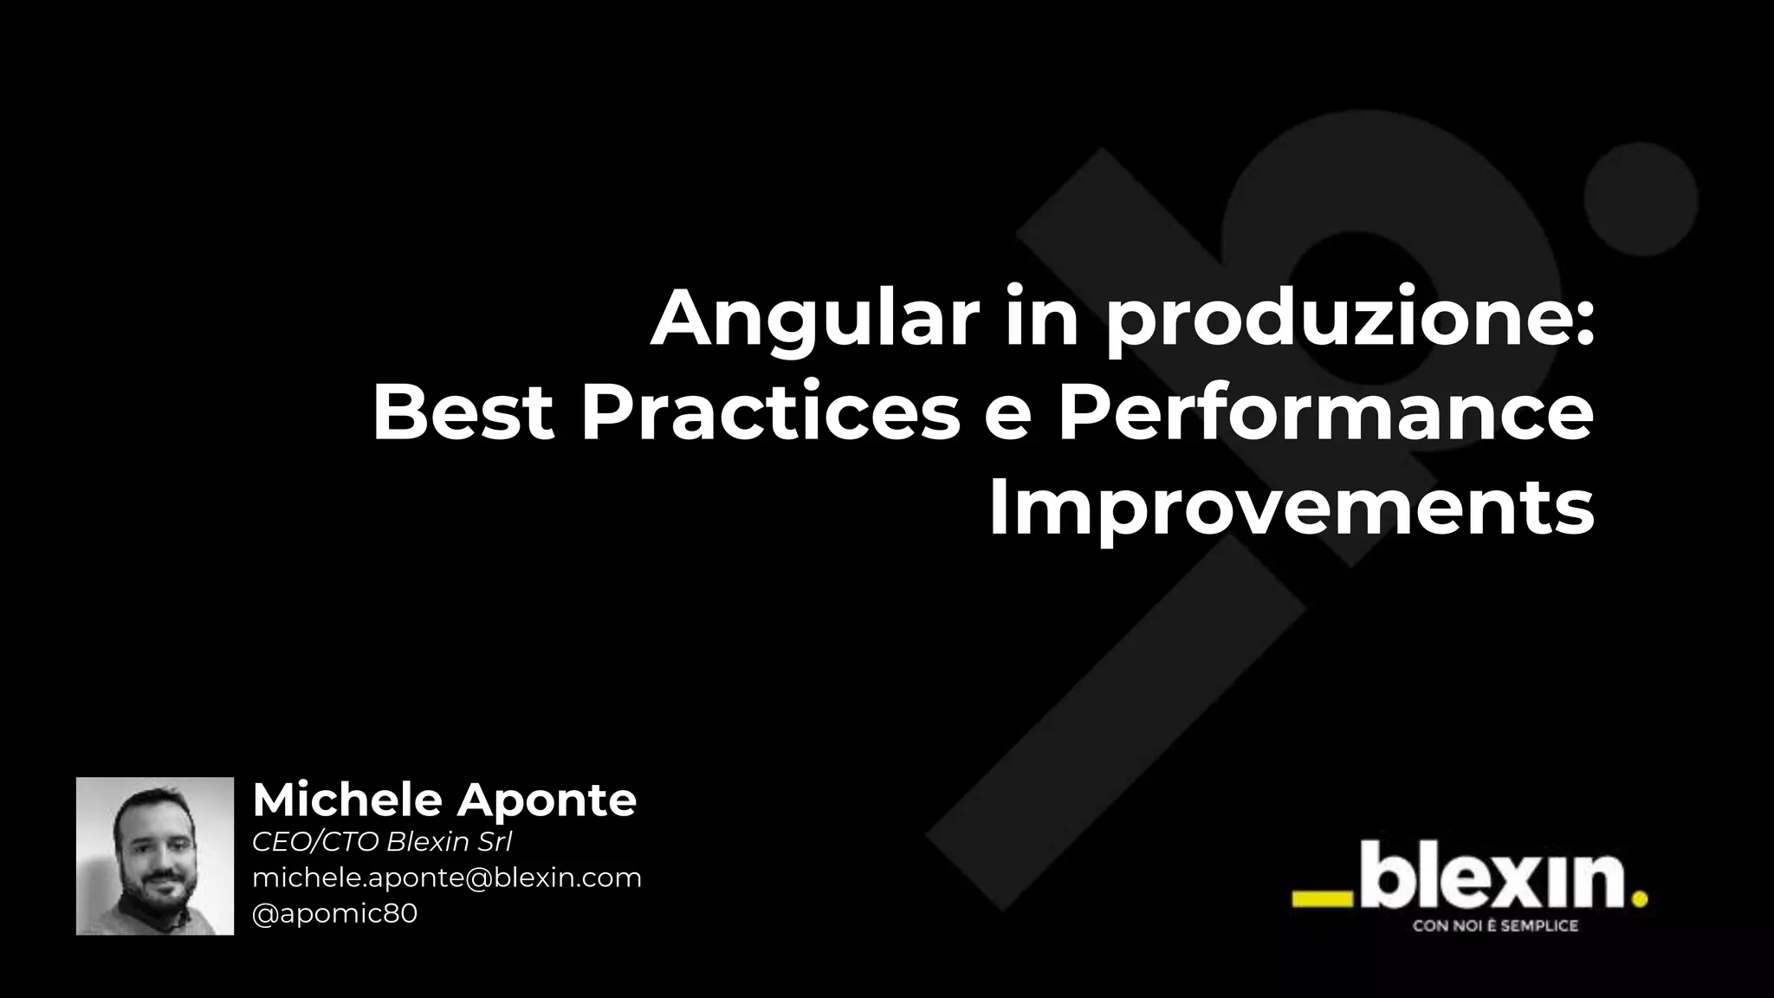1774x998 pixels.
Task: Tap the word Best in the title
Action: click(463, 413)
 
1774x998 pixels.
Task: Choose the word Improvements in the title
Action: click(1291, 509)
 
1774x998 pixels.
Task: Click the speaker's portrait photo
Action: click(155, 856)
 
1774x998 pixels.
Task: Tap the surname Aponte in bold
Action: click(547, 801)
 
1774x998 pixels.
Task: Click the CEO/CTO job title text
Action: click(315, 842)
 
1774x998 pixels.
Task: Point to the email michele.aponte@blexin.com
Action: click(447, 878)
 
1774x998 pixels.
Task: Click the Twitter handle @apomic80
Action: click(334, 914)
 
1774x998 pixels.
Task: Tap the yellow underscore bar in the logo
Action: click(1322, 900)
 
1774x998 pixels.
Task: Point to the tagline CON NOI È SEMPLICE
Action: click(1495, 926)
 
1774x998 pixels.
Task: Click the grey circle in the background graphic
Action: click(1641, 199)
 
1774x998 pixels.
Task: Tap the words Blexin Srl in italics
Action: click(449, 842)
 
